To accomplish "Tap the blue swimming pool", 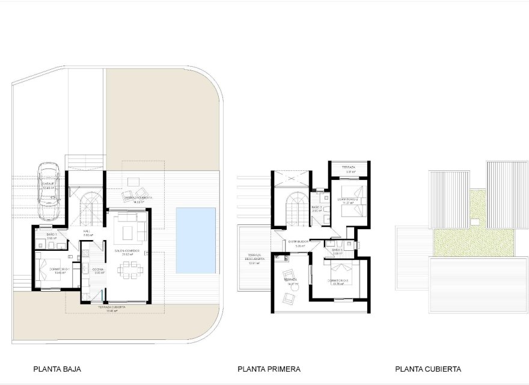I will pos(196,240).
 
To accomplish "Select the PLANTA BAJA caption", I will pos(57,369).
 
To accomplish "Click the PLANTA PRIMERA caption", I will pos(269,369).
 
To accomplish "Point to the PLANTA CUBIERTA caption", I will pos(428,369).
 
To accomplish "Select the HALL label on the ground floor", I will pos(87,231).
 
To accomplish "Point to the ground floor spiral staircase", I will pos(91,205).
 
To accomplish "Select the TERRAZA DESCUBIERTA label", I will pos(253,258).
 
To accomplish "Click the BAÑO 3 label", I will pos(317,208).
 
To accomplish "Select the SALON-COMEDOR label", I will pos(127,250).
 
